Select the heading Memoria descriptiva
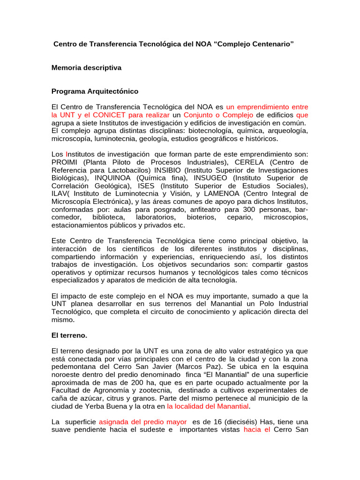(86, 67)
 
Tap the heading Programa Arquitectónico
(95, 91)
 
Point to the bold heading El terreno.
(69, 336)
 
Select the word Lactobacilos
(112, 170)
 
